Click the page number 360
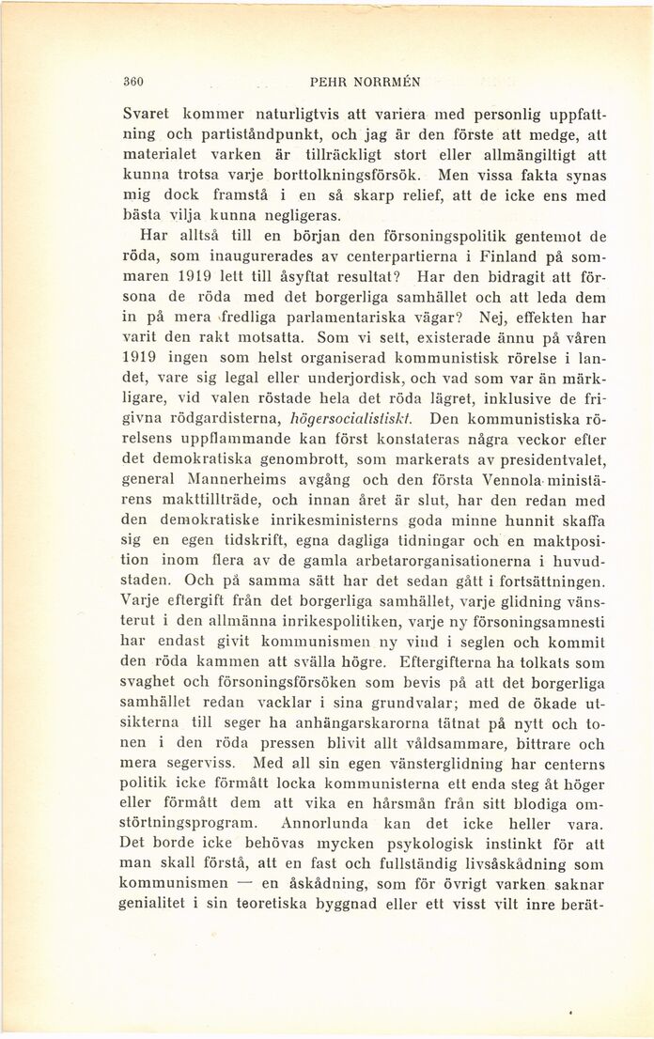(x=137, y=81)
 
